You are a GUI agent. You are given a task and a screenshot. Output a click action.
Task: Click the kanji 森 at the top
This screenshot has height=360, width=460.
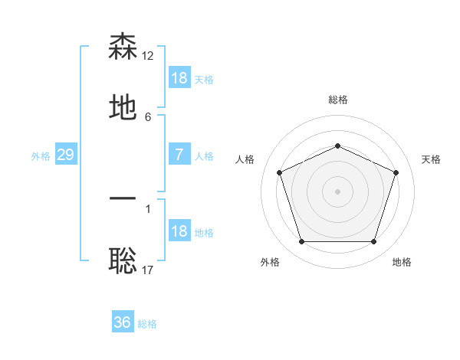click(123, 47)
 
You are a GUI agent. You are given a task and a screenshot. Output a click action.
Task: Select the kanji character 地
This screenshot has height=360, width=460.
click(123, 108)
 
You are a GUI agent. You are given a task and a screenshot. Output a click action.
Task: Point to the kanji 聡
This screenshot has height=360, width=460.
click(123, 261)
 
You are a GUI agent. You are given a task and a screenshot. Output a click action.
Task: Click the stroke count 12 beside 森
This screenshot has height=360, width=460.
click(149, 55)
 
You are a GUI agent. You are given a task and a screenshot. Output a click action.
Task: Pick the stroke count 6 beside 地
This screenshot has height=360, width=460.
click(148, 117)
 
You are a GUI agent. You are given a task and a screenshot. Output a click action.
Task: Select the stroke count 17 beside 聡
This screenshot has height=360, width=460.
click(148, 270)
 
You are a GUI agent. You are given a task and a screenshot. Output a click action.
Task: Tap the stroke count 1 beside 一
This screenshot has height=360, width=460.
click(148, 208)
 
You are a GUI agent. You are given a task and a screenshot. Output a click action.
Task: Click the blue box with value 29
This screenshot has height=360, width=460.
click(65, 155)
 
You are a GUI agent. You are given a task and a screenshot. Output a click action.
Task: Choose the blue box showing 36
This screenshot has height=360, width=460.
click(123, 322)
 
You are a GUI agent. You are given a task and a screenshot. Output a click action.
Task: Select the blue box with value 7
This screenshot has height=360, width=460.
click(179, 155)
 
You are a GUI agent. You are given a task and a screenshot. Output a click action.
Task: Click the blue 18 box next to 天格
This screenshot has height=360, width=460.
click(179, 78)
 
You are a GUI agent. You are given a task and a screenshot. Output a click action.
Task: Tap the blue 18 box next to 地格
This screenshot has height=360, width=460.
click(179, 231)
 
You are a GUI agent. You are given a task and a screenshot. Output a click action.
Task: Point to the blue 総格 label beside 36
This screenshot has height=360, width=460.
click(148, 324)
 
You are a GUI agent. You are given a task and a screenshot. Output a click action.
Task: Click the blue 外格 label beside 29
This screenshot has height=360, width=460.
click(41, 156)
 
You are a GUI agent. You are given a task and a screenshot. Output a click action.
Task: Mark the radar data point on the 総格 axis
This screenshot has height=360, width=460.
click(337, 146)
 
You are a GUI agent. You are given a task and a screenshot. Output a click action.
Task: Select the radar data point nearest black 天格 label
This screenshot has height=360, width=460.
click(396, 172)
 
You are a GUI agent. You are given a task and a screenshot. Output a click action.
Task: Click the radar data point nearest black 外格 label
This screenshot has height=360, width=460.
click(301, 242)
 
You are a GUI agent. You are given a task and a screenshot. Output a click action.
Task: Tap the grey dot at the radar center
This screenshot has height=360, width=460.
click(337, 191)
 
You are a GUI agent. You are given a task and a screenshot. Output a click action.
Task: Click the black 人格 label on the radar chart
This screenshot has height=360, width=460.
click(245, 159)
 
